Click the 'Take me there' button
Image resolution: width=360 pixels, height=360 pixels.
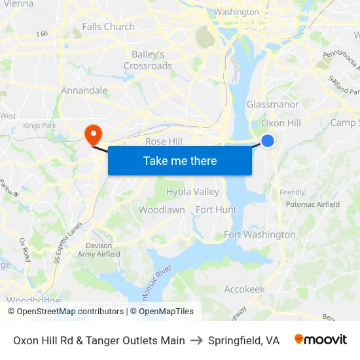pyautogui.click(x=180, y=160)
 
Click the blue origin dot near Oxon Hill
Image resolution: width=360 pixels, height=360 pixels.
pyautogui.click(x=268, y=140)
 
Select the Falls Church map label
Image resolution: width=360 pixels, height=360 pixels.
pyautogui.click(x=108, y=27)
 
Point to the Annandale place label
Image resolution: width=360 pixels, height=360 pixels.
pyautogui.click(x=84, y=90)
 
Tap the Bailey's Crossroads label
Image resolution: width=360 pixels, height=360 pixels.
pyautogui.click(x=148, y=60)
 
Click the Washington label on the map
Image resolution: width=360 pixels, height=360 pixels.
pyautogui.click(x=236, y=12)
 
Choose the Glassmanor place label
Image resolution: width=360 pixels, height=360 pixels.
pyautogui.click(x=272, y=105)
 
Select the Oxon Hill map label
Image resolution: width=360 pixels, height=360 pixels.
pyautogui.click(x=281, y=123)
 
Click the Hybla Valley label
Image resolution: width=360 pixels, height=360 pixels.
pyautogui.click(x=192, y=192)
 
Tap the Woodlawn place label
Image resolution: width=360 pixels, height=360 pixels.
pyautogui.click(x=162, y=210)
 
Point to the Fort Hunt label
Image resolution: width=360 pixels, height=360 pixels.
pyautogui.click(x=216, y=210)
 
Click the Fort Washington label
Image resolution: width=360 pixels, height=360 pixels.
pyautogui.click(x=259, y=234)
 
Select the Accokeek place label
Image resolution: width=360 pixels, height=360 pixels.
pyautogui.click(x=244, y=289)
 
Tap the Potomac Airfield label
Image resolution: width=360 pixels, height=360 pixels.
pyautogui.click(x=313, y=204)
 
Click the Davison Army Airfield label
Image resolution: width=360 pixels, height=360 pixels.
pyautogui.click(x=98, y=250)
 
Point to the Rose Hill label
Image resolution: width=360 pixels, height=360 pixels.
pyautogui.click(x=164, y=141)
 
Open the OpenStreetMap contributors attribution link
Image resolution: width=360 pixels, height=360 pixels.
pyautogui.click(x=65, y=312)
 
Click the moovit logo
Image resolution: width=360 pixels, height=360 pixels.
pyautogui.click(x=321, y=340)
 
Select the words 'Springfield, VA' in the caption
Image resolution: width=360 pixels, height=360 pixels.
pyautogui.click(x=243, y=340)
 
